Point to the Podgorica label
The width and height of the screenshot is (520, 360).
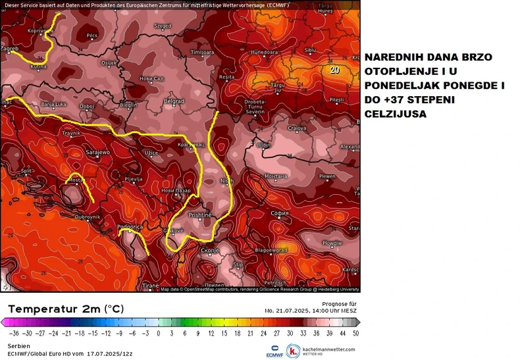(129, 227)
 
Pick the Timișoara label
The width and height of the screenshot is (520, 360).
(202, 52)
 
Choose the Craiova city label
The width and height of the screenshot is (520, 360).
(298, 128)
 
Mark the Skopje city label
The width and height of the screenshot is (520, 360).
(210, 251)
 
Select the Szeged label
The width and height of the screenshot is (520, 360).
(163, 26)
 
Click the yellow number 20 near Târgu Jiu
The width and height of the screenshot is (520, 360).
(335, 69)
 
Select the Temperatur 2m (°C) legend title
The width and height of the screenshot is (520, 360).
(65, 309)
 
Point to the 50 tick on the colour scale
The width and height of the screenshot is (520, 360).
(355, 334)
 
